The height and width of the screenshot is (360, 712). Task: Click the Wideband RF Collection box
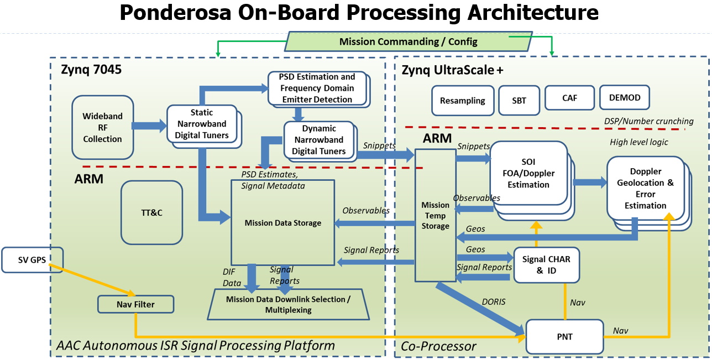point(102,127)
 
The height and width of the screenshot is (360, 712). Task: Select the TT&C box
point(152,212)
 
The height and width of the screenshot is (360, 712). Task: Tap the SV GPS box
point(32,260)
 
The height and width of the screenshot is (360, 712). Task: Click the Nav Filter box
point(135,304)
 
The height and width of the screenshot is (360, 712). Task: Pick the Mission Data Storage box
point(282,222)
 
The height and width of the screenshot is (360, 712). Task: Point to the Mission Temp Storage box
point(435,216)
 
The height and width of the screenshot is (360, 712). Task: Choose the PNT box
point(564,336)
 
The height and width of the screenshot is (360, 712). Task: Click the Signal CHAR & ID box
point(546,264)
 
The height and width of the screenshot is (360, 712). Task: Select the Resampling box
point(462,101)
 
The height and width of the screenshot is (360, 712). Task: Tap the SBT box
point(519,101)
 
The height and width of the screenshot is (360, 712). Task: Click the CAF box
point(569,98)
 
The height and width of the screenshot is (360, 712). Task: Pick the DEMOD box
point(625,98)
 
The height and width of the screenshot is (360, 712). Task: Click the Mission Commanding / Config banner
point(408,41)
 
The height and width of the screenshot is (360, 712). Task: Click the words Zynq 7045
point(91,70)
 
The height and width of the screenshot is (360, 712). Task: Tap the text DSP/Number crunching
point(648,121)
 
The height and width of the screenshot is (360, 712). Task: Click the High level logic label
point(639,142)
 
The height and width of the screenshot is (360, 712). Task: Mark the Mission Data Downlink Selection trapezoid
point(287,304)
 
